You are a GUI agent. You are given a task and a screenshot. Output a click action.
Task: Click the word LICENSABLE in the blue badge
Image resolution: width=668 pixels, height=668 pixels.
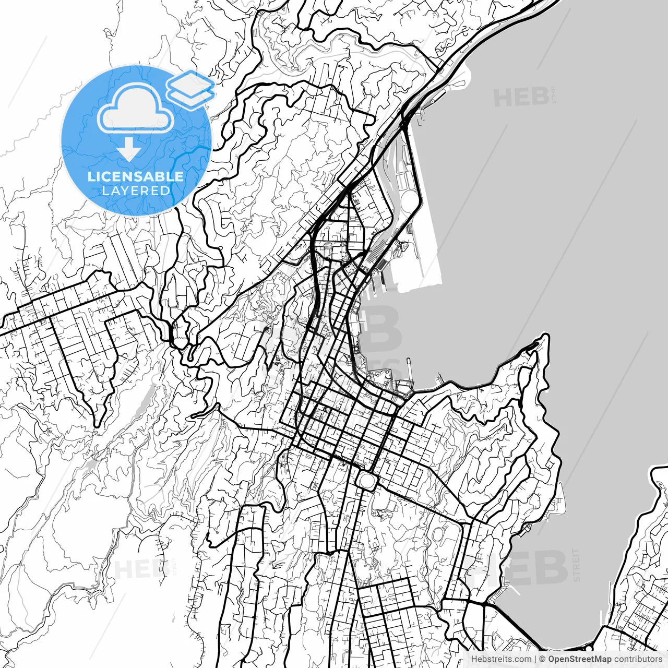pos(136,176)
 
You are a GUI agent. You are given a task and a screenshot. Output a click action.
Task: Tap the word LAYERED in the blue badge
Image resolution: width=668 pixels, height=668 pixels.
pos(136,190)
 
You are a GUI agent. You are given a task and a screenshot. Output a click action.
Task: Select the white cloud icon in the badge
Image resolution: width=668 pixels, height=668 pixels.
pos(136,108)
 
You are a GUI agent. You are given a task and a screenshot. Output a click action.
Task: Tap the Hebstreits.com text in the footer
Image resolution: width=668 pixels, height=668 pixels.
pos(501,659)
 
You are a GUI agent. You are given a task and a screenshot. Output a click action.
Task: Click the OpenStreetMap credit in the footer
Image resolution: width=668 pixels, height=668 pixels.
pos(579,659)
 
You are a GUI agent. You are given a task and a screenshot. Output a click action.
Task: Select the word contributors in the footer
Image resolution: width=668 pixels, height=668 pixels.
pos(638,659)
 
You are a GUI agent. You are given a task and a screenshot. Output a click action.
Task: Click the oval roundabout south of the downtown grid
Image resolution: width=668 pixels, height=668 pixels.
pos(367,480)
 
